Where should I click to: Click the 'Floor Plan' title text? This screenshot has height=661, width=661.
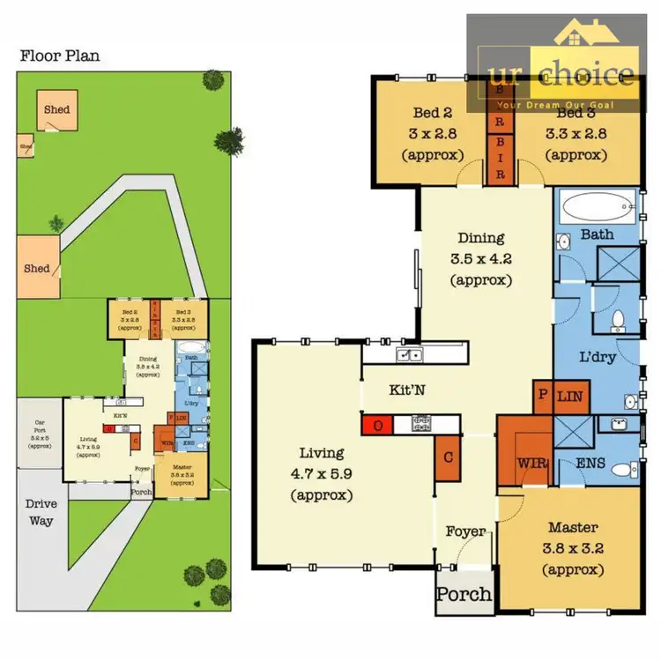[x=60, y=56]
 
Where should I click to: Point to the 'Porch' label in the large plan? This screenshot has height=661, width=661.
[x=464, y=594]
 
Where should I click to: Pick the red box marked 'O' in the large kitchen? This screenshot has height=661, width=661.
[x=378, y=425]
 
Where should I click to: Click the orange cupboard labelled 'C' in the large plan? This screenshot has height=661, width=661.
[x=448, y=457]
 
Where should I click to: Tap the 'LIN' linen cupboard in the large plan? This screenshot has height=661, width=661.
[x=569, y=397]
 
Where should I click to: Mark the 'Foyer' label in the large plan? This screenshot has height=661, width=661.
[x=464, y=531]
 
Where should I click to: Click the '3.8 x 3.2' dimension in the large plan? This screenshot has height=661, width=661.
[x=572, y=549]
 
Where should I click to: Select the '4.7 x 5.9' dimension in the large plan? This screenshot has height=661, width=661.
[x=321, y=474]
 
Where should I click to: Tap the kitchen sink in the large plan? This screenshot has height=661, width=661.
[x=409, y=355]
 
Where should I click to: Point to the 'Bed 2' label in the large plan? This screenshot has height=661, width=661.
[x=432, y=113]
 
